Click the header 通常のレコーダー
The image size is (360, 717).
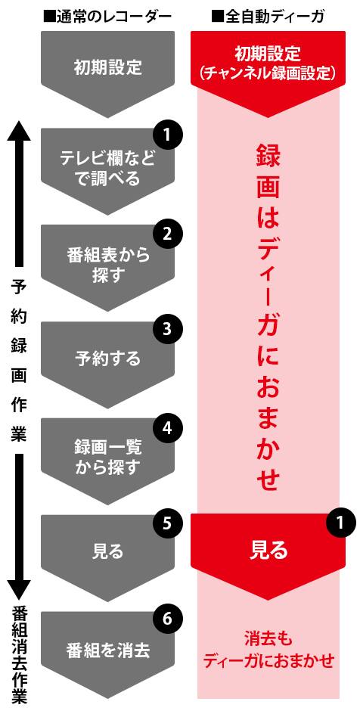[x=107, y=17]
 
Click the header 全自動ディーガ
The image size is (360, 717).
[x=268, y=17]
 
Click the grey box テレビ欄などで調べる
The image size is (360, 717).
[x=108, y=169]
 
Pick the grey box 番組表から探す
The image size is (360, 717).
[x=108, y=265]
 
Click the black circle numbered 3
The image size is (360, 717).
[x=167, y=331]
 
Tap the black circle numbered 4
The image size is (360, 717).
[x=167, y=427]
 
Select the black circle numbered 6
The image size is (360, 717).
[x=167, y=620]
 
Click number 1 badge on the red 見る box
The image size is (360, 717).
[x=340, y=523]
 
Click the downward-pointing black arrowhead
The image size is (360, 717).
[x=19, y=590]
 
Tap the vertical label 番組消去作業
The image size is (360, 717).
[x=19, y=657]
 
